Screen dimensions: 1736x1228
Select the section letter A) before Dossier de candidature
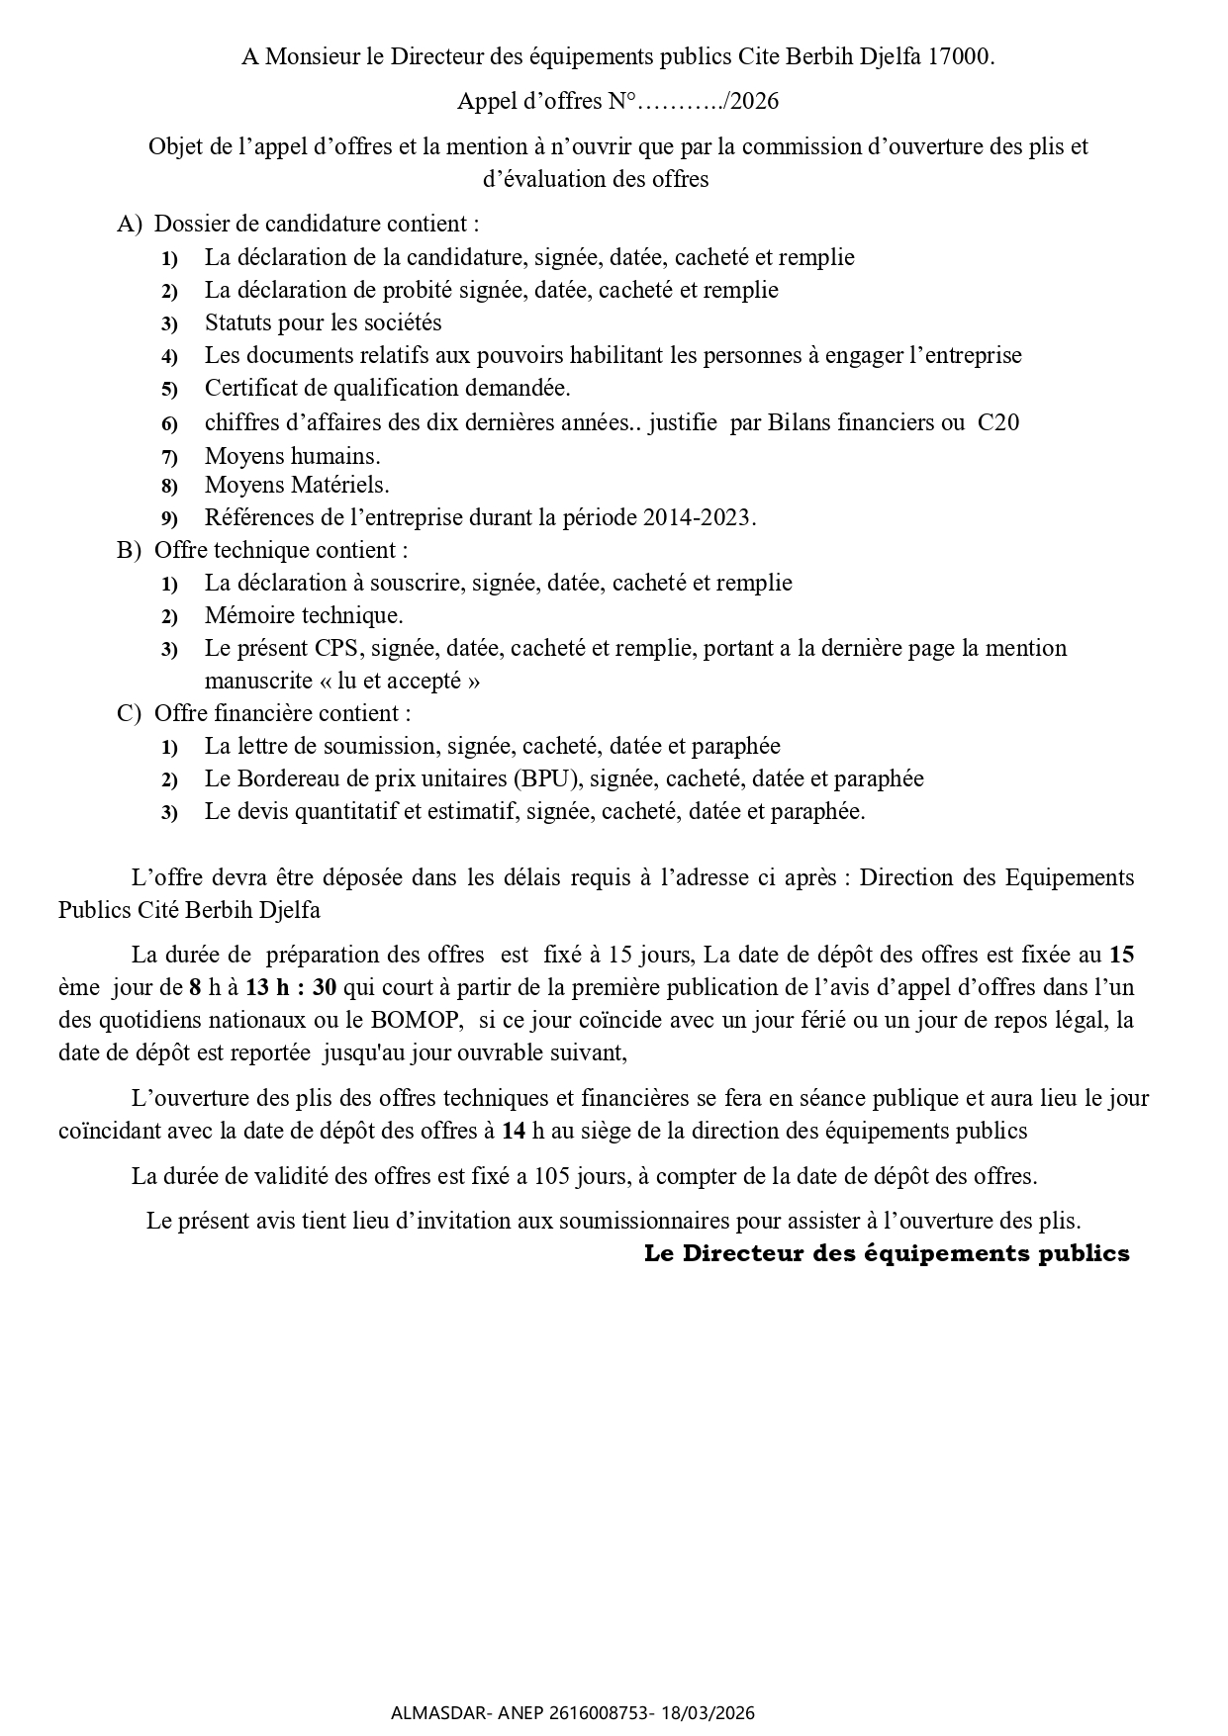[x=130, y=225]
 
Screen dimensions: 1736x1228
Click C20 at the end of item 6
[x=998, y=422]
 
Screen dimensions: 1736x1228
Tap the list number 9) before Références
[x=169, y=518]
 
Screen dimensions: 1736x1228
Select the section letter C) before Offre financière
[x=129, y=713]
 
